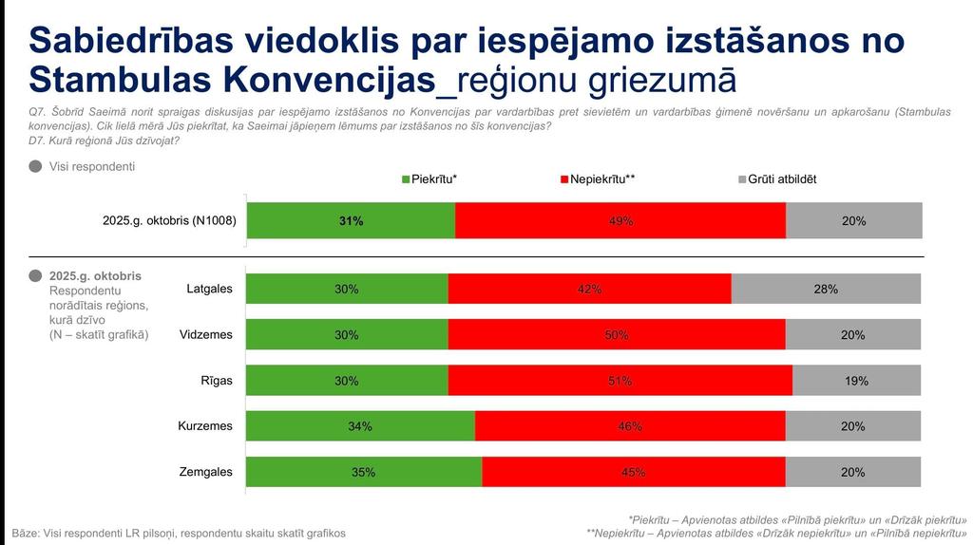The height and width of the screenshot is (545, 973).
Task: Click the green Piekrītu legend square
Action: tap(407, 179)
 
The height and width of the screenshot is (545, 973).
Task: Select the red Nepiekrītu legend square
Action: tap(564, 179)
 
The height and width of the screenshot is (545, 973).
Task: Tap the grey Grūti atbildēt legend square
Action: tap(742, 179)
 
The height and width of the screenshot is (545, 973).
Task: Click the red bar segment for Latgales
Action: tap(589, 289)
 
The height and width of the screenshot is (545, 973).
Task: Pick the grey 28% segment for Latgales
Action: tap(826, 289)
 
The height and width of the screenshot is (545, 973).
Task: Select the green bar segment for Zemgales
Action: tap(364, 472)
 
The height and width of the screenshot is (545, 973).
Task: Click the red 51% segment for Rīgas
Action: tap(620, 381)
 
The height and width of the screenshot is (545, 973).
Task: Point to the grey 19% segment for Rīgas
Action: tap(856, 381)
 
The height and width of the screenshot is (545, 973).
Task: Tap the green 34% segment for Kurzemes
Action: tap(360, 426)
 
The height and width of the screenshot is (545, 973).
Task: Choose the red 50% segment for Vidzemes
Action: tap(617, 334)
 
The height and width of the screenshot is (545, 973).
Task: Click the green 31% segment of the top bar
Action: tap(351, 220)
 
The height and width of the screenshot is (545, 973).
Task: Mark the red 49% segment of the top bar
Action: tap(620, 220)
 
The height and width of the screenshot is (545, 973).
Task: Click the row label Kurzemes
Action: tap(205, 426)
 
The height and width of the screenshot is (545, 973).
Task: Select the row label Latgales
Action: tap(209, 289)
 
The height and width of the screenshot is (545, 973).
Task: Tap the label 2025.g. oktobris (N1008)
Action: tap(169, 221)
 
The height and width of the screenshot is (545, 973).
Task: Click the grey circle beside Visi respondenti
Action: tap(35, 166)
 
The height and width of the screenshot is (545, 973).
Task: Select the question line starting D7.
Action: tap(105, 141)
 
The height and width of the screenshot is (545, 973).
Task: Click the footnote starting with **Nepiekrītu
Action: tap(776, 533)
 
